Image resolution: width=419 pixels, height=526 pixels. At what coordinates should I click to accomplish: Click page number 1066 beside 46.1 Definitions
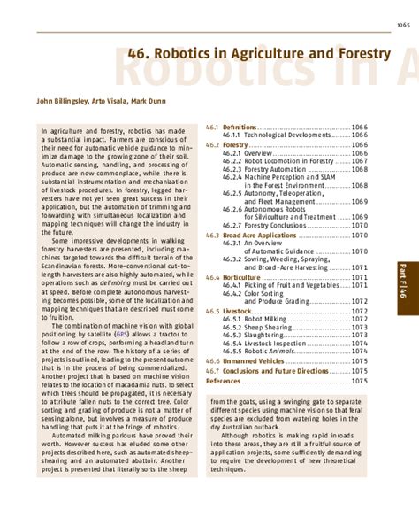point(359,128)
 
